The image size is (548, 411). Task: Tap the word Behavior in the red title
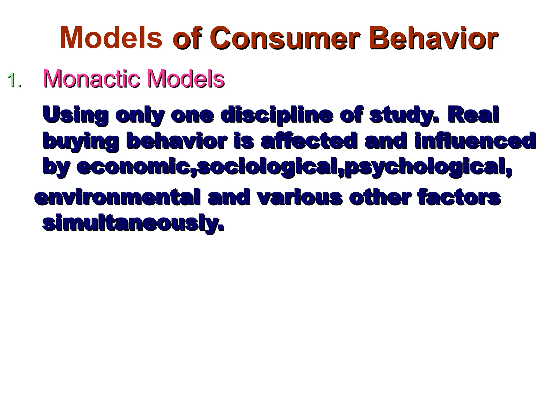433,38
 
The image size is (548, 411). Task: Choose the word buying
81,141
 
